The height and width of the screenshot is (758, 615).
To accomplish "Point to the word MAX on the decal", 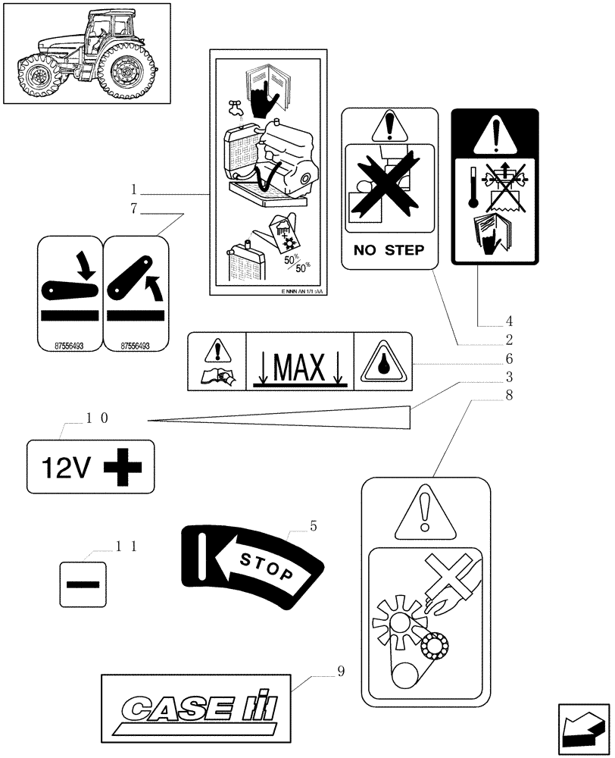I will click(300, 368).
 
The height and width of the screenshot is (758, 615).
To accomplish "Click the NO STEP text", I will click(389, 249).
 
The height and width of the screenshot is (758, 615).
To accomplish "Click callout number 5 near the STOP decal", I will click(313, 525).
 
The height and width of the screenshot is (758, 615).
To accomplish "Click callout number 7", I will click(134, 209).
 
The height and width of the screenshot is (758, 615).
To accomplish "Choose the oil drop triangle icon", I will click(384, 362).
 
